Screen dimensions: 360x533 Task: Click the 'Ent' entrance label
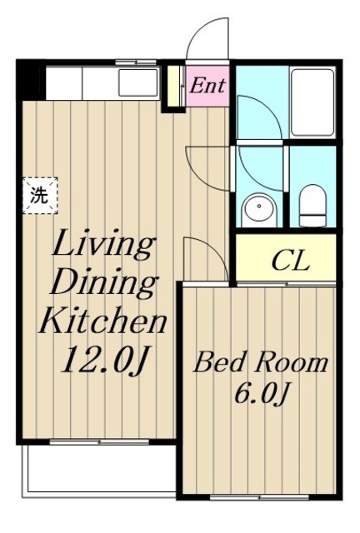point(207,85)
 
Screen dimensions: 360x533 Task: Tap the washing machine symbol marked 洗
point(40,196)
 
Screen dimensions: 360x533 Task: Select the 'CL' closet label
point(291,262)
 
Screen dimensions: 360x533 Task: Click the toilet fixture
point(312,206)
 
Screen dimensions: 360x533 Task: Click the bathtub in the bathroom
point(312,102)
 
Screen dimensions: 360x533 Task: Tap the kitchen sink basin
point(138,82)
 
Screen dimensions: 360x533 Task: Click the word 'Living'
point(102,244)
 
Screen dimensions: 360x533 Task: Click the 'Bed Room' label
point(261,363)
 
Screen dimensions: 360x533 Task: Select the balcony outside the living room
point(99,471)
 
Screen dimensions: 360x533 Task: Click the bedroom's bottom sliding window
point(260,497)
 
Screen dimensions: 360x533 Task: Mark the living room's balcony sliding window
point(99,442)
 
